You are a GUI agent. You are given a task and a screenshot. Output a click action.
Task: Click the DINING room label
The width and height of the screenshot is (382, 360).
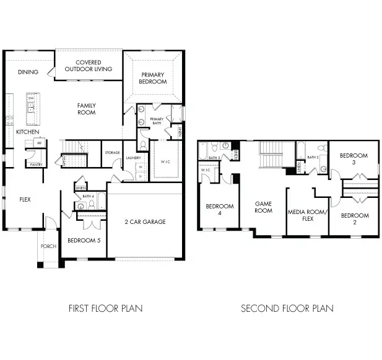28,72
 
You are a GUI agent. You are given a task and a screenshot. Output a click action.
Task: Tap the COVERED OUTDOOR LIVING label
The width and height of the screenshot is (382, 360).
89,66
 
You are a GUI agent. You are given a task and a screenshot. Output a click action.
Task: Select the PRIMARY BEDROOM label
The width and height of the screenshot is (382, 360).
153,78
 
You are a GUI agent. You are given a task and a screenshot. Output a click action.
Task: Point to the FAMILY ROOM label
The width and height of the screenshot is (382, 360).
86,109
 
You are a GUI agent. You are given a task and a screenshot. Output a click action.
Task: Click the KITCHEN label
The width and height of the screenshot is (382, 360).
28,132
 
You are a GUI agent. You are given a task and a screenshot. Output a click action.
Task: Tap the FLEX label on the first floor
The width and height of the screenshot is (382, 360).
25,199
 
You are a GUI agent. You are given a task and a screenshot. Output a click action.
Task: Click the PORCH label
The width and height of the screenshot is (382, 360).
48,246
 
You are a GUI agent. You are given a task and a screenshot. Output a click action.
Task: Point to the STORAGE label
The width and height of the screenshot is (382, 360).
112,152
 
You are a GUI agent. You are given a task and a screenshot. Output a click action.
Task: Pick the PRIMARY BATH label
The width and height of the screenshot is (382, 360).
157,121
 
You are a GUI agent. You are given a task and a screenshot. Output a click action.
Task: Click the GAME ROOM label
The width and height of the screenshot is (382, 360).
264,207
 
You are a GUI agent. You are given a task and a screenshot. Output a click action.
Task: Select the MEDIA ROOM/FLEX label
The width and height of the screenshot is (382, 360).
306,215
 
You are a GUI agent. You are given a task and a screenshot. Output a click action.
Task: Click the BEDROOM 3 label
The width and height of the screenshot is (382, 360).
353,159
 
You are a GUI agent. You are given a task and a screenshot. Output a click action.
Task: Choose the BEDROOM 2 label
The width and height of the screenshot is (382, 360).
354,219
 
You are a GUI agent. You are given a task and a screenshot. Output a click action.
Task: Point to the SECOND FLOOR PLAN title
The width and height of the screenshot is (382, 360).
287,307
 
